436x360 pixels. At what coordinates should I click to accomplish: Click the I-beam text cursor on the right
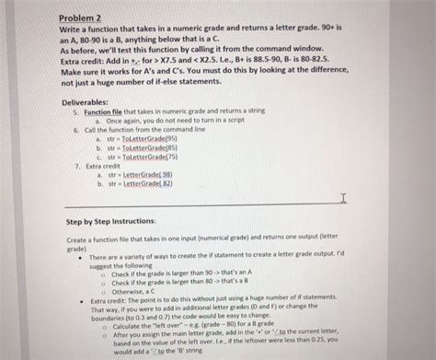[343, 198]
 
